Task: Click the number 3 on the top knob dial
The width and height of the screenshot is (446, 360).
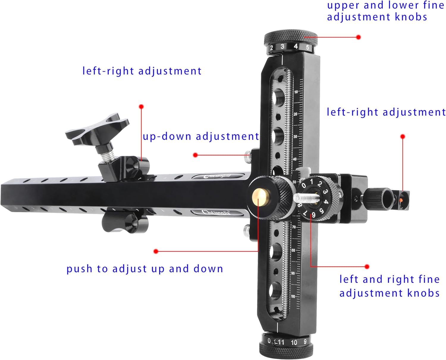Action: coord(282,46)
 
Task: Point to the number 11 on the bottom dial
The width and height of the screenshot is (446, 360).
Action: coord(281,342)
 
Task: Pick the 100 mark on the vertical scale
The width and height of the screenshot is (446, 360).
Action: coord(293,296)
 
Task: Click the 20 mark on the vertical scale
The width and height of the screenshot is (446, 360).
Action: coord(295,114)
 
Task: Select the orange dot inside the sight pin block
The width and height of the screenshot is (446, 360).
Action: coord(402,201)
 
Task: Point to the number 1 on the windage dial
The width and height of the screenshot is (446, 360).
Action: coord(311,181)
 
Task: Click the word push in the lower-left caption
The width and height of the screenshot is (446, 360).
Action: coord(79,269)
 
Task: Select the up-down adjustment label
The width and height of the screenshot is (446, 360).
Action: coord(201,136)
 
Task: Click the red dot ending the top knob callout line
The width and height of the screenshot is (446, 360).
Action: coord(358,37)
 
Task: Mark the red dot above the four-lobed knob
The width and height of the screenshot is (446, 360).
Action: coord(141,106)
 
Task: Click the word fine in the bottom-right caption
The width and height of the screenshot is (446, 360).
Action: coord(429,279)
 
